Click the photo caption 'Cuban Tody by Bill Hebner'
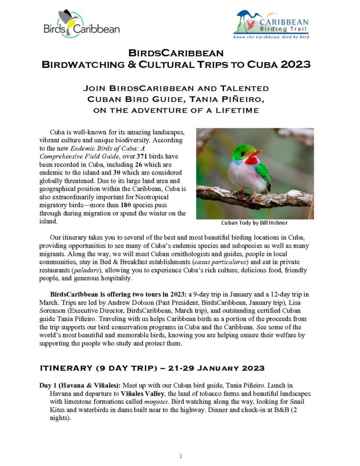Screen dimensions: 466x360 (x=255, y=223)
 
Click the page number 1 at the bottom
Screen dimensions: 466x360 (x=180, y=456)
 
